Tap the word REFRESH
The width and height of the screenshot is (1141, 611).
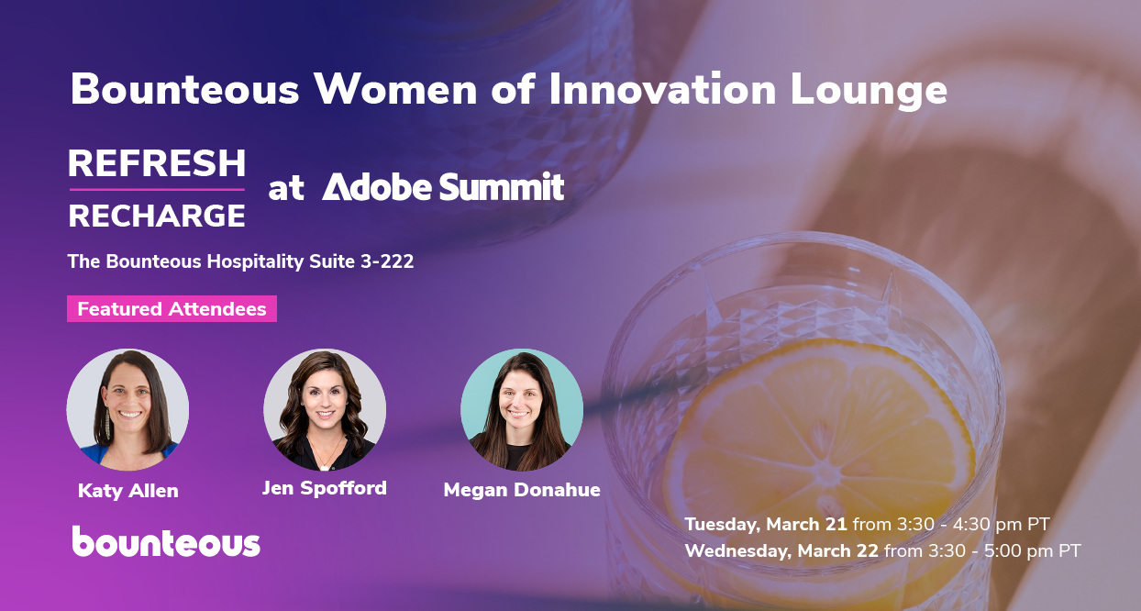(x=157, y=163)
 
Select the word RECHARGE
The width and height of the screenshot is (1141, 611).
(x=157, y=216)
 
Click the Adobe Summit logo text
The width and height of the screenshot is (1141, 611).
(x=443, y=187)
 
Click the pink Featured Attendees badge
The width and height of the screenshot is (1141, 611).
(x=172, y=309)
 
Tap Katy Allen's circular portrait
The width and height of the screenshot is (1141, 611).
(x=127, y=409)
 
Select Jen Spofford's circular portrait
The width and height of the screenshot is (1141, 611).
(x=325, y=409)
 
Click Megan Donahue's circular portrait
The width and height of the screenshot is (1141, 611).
(x=522, y=409)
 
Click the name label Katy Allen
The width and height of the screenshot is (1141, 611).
(x=128, y=491)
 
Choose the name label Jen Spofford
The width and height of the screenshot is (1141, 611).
(x=325, y=488)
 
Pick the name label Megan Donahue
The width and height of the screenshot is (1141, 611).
(x=522, y=490)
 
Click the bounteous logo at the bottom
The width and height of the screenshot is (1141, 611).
(x=166, y=542)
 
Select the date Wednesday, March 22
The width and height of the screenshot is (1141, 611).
(x=781, y=551)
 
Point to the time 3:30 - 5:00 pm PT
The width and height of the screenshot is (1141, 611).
(x=1005, y=551)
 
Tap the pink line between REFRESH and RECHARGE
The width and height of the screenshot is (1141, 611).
(x=157, y=190)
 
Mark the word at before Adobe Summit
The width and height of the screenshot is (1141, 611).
(x=285, y=189)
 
